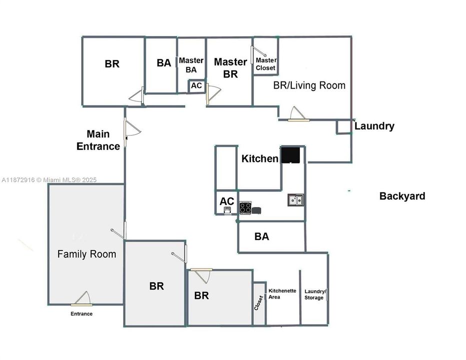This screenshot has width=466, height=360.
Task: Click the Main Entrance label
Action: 98,140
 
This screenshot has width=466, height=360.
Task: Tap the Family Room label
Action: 87,254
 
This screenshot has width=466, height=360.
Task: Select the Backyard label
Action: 402,196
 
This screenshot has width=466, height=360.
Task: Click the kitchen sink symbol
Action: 295,200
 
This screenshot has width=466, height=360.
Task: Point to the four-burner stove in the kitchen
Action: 245,207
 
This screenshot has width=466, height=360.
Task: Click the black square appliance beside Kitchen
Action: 291,155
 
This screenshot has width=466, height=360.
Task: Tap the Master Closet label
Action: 266,64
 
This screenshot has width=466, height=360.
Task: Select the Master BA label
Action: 191,65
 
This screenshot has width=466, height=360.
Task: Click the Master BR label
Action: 230,68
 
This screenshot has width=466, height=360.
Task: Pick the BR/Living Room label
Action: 309,85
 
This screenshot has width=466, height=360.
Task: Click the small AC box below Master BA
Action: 196,86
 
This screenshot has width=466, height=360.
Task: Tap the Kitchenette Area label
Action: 282,294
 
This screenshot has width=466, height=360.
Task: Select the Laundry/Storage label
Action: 315,294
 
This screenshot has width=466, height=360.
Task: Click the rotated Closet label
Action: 259,303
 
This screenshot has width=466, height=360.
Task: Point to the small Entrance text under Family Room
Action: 82,313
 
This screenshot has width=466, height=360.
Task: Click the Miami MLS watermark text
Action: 49,180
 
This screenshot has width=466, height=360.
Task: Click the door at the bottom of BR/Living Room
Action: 298,114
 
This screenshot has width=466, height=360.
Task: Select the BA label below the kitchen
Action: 261,236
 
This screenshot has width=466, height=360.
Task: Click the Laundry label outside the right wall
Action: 374,126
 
